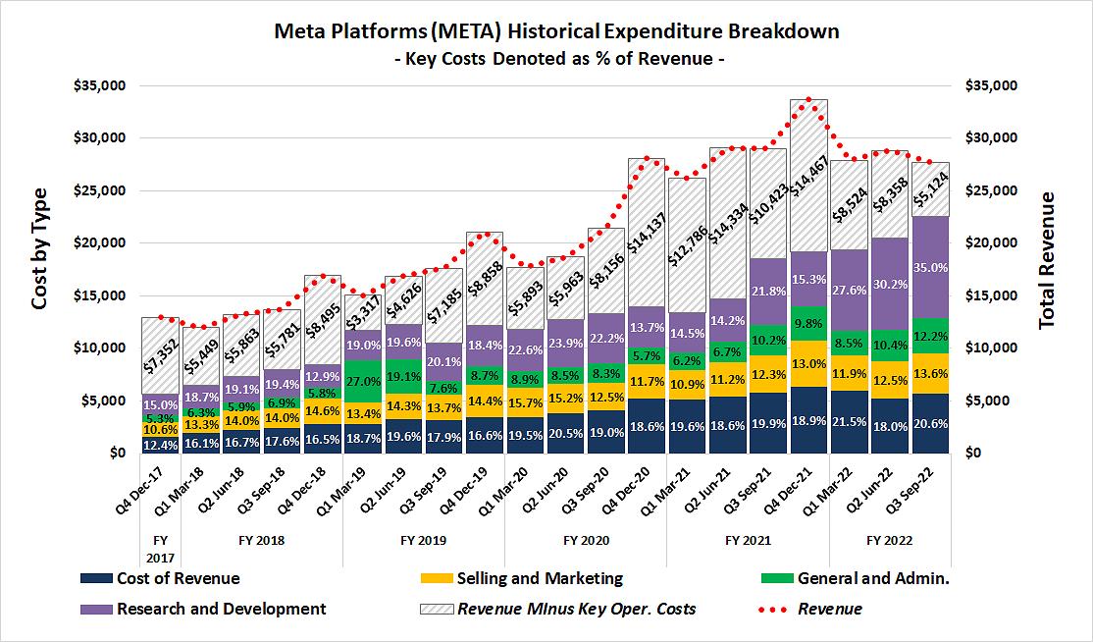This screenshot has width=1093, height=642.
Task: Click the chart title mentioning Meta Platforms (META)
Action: [x=555, y=30]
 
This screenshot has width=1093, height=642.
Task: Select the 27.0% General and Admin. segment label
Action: [x=364, y=380]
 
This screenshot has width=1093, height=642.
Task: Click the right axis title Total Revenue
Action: [x=1046, y=260]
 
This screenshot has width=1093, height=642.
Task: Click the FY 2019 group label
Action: [x=424, y=541]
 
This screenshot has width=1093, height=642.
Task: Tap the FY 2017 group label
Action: [x=160, y=548]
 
